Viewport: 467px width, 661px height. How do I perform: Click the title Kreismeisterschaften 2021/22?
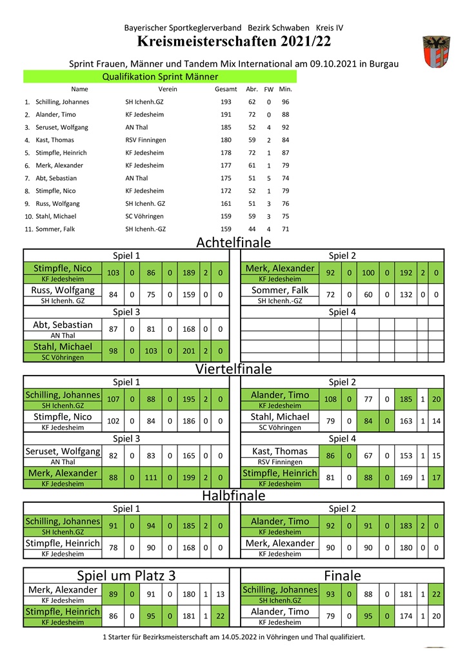[234, 42]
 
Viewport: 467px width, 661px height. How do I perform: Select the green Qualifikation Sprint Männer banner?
[160, 76]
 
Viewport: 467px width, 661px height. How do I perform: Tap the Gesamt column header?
[226, 89]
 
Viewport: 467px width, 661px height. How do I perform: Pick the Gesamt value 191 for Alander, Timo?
[226, 114]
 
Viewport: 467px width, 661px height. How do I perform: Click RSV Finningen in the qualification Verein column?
[146, 140]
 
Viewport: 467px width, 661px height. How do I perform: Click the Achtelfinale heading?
[234, 243]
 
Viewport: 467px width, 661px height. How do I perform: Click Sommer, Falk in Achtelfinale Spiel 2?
[280, 290]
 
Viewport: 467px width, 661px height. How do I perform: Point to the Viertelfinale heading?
[234, 369]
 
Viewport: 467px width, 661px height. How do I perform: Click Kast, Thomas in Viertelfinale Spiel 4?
[280, 451]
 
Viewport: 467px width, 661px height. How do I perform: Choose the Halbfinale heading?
[234, 496]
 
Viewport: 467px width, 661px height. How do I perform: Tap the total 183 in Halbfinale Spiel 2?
[406, 526]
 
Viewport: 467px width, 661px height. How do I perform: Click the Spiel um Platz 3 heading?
[126, 575]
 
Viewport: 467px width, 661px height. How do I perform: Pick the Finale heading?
[343, 575]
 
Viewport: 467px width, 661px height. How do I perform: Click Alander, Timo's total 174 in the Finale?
[406, 616]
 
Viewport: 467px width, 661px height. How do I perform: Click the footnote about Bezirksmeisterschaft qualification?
[234, 636]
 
